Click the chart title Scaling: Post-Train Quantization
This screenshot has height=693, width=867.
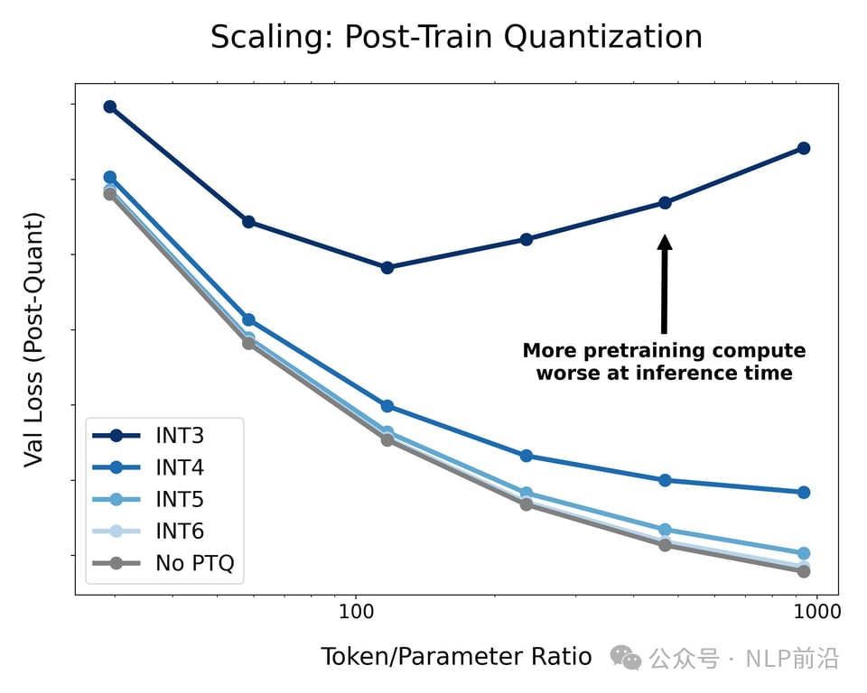tap(456, 37)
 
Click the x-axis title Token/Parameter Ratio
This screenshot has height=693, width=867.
tap(456, 657)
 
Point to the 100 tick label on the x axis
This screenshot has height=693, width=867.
tap(356, 612)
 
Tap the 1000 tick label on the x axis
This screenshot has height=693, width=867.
tap(816, 612)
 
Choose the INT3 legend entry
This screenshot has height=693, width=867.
tap(180, 436)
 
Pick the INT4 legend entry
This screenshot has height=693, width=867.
tap(180, 467)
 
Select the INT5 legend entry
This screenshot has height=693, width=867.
tap(180, 500)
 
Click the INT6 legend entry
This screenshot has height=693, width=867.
tap(180, 531)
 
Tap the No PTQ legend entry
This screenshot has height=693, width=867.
tap(194, 564)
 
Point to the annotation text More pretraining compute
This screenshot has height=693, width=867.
tap(664, 350)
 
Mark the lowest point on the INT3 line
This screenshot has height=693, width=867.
tap(387, 267)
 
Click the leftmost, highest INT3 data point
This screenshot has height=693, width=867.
tap(110, 106)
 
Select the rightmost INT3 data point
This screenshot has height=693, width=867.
tap(804, 148)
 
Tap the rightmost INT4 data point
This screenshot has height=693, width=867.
tap(804, 492)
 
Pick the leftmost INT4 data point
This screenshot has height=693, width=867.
tap(110, 177)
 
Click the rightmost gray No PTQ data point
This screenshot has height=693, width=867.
tap(804, 571)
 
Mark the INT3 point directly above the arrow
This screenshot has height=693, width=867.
tap(665, 203)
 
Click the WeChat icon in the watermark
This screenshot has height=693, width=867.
tap(625, 658)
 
